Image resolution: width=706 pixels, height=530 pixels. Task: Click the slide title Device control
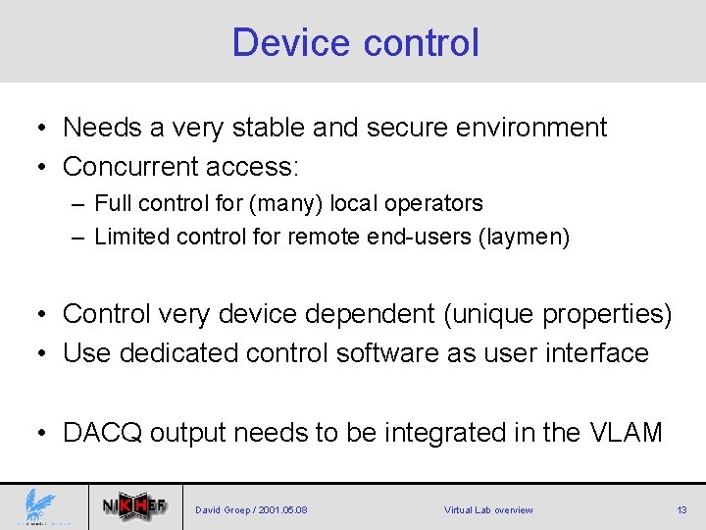click(355, 43)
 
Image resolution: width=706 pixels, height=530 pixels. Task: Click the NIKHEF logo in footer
click(134, 507)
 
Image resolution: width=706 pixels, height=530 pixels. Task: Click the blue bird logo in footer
click(42, 507)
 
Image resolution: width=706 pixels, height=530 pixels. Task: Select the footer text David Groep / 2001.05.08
click(251, 510)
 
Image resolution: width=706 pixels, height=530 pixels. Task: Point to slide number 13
click(681, 510)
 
